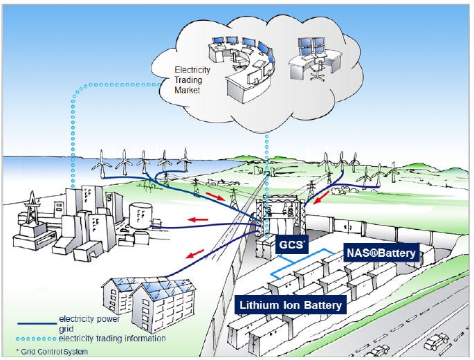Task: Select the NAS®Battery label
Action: [x=381, y=253]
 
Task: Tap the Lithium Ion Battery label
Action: [x=291, y=304]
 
